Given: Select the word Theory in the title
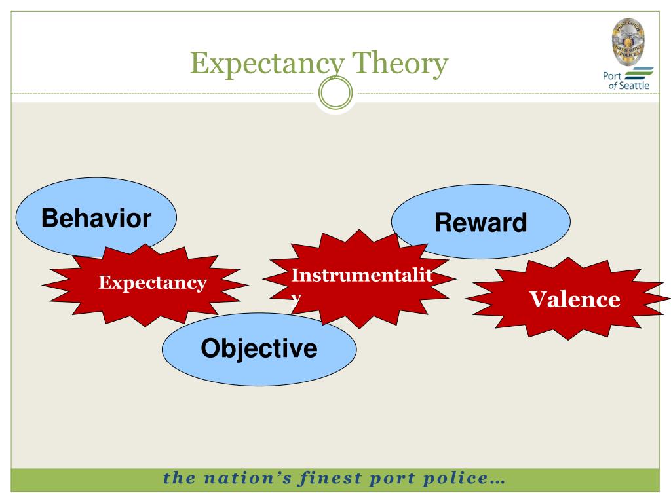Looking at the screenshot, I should (401, 64).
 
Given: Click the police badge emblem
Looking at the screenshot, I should (627, 39).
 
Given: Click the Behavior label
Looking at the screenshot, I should (96, 218).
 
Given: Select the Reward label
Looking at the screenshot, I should (480, 223).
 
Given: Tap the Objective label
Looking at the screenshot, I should (259, 348).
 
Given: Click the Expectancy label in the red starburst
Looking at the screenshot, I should (153, 283).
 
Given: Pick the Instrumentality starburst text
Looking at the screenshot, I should (362, 275).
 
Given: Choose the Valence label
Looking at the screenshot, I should (575, 299).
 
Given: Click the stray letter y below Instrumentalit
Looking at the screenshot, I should (296, 296).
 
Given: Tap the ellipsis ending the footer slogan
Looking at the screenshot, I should (497, 480).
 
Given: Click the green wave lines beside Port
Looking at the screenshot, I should (640, 73).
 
